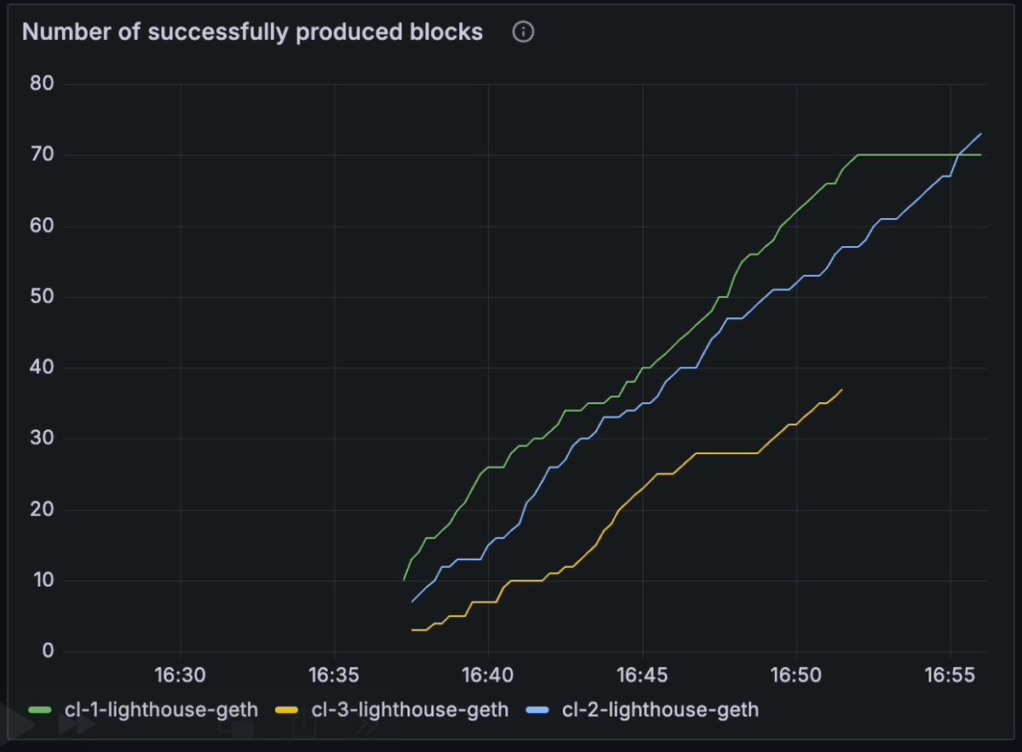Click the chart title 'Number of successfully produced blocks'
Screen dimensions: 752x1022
[x=252, y=32]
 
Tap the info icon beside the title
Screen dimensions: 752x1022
[x=523, y=32]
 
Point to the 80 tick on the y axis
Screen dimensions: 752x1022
[x=42, y=83]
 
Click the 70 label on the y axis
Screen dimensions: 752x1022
[x=42, y=155]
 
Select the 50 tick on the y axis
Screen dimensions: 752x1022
[x=42, y=297]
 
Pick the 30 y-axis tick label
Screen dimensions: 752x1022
[x=42, y=439]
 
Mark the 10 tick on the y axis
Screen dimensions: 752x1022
[x=42, y=581]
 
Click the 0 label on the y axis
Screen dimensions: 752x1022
[x=47, y=652]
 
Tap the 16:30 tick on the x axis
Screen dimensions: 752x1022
[x=180, y=675]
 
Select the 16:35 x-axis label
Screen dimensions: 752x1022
[x=334, y=675]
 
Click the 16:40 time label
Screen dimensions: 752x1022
[x=488, y=675]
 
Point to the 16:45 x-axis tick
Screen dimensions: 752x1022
[x=642, y=675]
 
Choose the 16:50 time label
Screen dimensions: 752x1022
[x=796, y=675]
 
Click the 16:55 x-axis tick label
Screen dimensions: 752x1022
[x=950, y=675]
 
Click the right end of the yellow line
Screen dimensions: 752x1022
[x=842, y=389]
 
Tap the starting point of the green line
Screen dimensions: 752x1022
[x=404, y=580]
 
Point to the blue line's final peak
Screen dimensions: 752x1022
[x=981, y=134]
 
